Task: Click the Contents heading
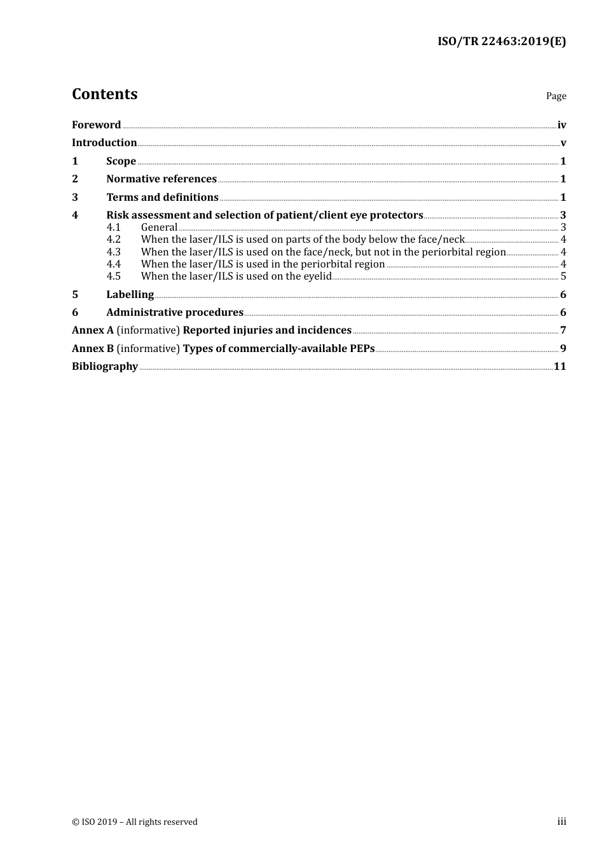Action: coord(104,94)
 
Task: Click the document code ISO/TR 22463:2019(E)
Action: coord(502,41)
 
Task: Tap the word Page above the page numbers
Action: coord(556,96)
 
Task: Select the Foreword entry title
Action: coord(96,125)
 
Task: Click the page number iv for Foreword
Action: coord(561,125)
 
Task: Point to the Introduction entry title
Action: coord(104,142)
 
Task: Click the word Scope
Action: coord(121,161)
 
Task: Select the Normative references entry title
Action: coord(161,179)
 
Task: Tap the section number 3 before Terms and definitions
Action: coord(75,197)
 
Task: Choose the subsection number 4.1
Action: coord(113,227)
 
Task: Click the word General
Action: coord(159,227)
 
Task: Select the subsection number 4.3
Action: coord(113,252)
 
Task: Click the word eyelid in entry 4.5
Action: coord(317,276)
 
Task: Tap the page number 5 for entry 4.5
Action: coord(563,276)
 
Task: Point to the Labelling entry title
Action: coord(130,294)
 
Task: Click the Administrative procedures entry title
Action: coord(175,312)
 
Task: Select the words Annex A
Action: coord(93,330)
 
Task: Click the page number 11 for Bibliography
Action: coord(560,366)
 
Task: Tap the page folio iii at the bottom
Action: coord(561,822)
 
